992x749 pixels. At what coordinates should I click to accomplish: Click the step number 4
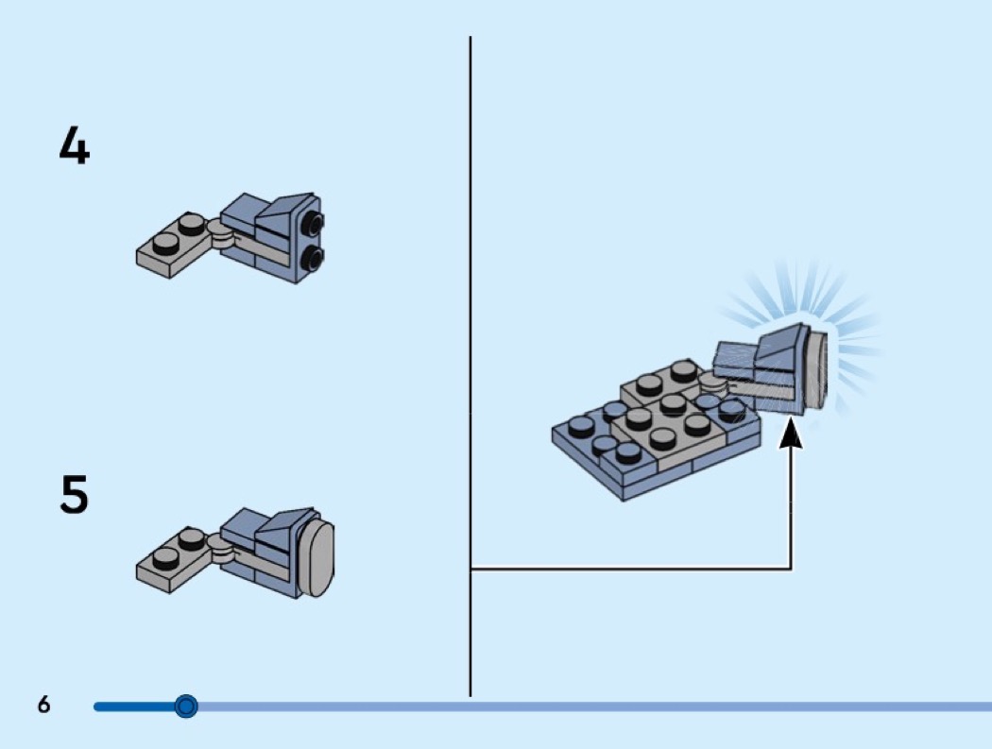click(x=74, y=145)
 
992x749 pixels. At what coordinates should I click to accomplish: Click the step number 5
click(x=74, y=494)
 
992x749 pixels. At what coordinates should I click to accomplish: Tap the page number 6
click(x=43, y=705)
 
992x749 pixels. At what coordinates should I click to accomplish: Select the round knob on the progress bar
click(x=186, y=706)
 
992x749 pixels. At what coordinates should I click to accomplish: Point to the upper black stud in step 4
click(x=313, y=223)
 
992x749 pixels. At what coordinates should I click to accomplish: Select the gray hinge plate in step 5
click(x=175, y=560)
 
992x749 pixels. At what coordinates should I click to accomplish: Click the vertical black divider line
click(x=470, y=283)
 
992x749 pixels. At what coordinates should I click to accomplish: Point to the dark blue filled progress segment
click(x=137, y=706)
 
